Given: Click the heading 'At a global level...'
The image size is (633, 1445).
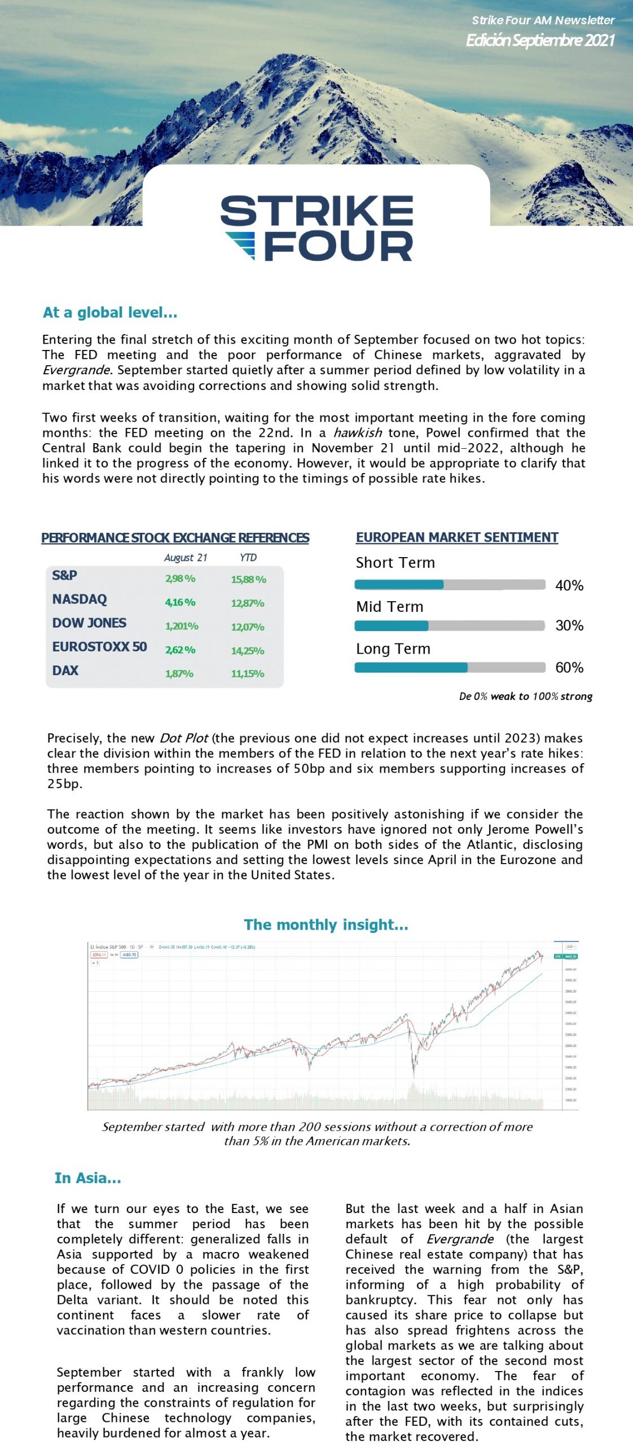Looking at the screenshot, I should point(110,312).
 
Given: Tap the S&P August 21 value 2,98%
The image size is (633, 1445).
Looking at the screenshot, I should point(180,579).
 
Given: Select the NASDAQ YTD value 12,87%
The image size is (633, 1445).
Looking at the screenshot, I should point(247,603).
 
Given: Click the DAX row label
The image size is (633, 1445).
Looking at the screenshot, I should point(65,671).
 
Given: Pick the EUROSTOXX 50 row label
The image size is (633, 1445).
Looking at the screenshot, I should point(99,647).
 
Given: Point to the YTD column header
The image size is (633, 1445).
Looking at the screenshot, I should point(248,558).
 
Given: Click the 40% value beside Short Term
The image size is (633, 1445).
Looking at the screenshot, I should point(569,585).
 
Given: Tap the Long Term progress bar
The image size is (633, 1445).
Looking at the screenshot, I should point(449,668).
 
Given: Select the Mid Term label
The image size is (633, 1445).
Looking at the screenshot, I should point(389,607).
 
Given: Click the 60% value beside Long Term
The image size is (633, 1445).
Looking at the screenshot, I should point(569,668).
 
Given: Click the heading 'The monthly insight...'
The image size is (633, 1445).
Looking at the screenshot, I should point(326,925).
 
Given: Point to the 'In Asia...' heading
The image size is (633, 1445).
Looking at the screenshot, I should point(87,1178).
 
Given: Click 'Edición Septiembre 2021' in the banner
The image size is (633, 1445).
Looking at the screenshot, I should point(539,40).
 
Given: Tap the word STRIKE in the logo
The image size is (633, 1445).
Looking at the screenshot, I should point(316,211).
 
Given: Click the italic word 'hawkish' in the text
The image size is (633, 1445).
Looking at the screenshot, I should point(357,433).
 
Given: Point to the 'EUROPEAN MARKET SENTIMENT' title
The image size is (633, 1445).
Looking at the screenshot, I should point(457,537).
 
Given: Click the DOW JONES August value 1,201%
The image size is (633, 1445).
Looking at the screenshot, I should point(181,627).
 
